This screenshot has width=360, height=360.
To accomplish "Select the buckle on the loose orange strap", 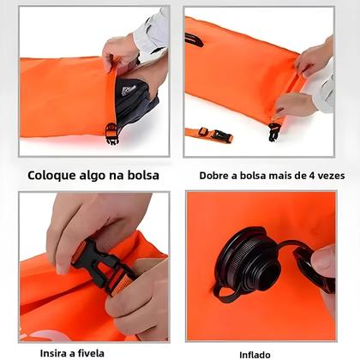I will tap(219, 135).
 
